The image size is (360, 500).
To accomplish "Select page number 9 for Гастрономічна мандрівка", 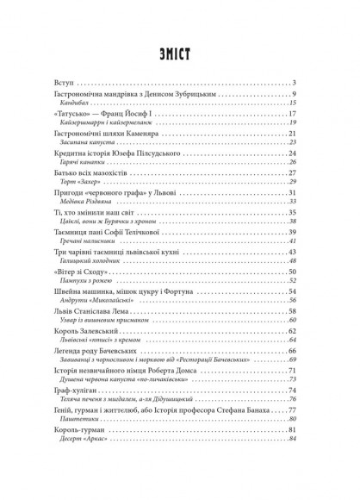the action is coord(318,94).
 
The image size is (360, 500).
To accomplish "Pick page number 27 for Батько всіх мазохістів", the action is coord(316,170).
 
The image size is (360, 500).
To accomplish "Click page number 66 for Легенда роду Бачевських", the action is coord(316,347).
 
